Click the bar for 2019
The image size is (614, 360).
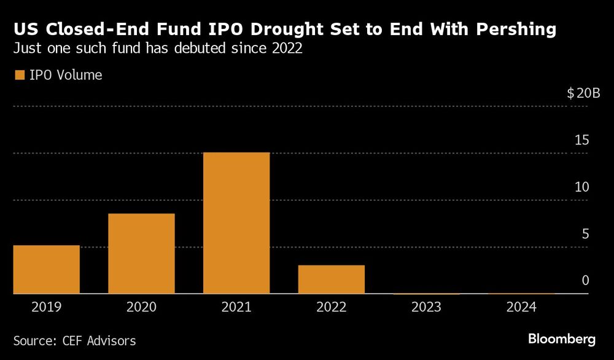pos(47,270)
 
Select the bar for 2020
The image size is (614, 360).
pos(142,254)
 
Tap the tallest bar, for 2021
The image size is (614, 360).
pos(236,223)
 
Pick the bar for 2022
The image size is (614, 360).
pos(332,280)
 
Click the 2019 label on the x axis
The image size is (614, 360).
pos(47,307)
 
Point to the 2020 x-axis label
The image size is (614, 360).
pos(142,307)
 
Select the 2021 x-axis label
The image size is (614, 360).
pos(236,307)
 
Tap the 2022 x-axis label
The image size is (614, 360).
pos(332,307)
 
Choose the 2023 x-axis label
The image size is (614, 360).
pos(427,307)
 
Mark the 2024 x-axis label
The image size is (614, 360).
pos(521,307)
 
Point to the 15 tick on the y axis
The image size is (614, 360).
pos(581,140)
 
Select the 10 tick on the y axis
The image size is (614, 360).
pos(581,187)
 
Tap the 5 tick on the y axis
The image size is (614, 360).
pos(585,234)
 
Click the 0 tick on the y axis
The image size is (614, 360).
pos(585,281)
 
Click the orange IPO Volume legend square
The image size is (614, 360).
pos(19,76)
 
